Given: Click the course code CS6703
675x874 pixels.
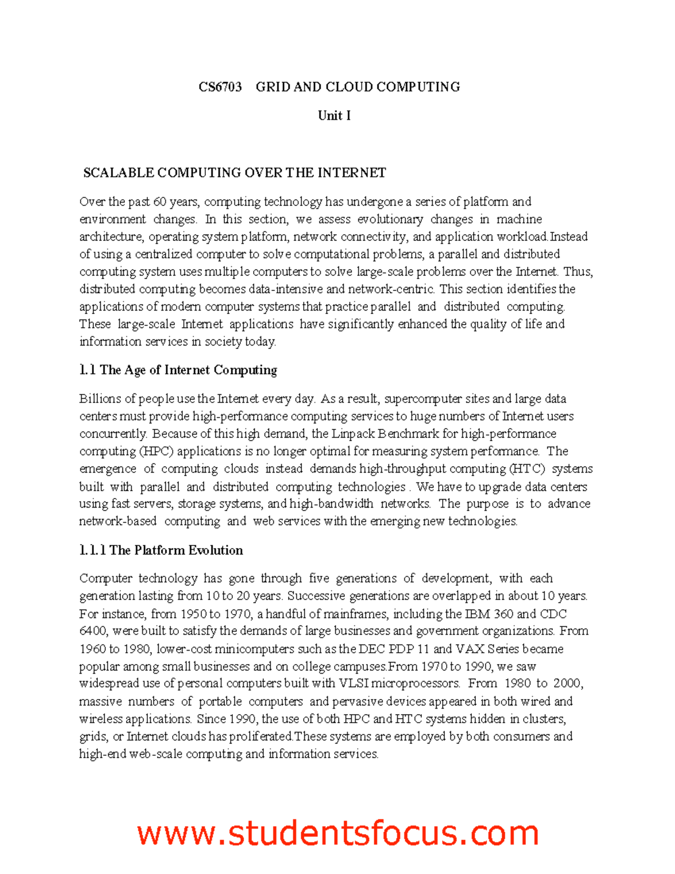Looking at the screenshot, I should [220, 87].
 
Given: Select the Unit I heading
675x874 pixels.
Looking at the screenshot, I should [334, 115].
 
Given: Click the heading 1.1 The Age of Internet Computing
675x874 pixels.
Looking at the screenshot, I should [178, 370].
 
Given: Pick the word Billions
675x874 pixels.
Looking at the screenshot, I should [100, 399].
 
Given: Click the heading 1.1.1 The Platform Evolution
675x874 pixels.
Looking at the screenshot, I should [161, 550].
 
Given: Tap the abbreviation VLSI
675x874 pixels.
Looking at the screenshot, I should [353, 684].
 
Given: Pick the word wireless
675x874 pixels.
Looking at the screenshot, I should [101, 719].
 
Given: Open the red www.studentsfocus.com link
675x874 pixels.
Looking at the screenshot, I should [337, 833].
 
